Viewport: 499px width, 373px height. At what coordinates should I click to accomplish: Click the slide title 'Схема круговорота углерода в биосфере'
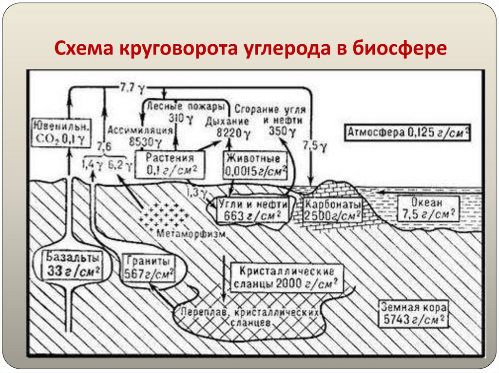249,49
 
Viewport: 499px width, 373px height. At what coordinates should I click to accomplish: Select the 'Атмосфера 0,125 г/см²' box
408,132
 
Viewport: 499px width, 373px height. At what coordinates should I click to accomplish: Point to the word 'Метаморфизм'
192,233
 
